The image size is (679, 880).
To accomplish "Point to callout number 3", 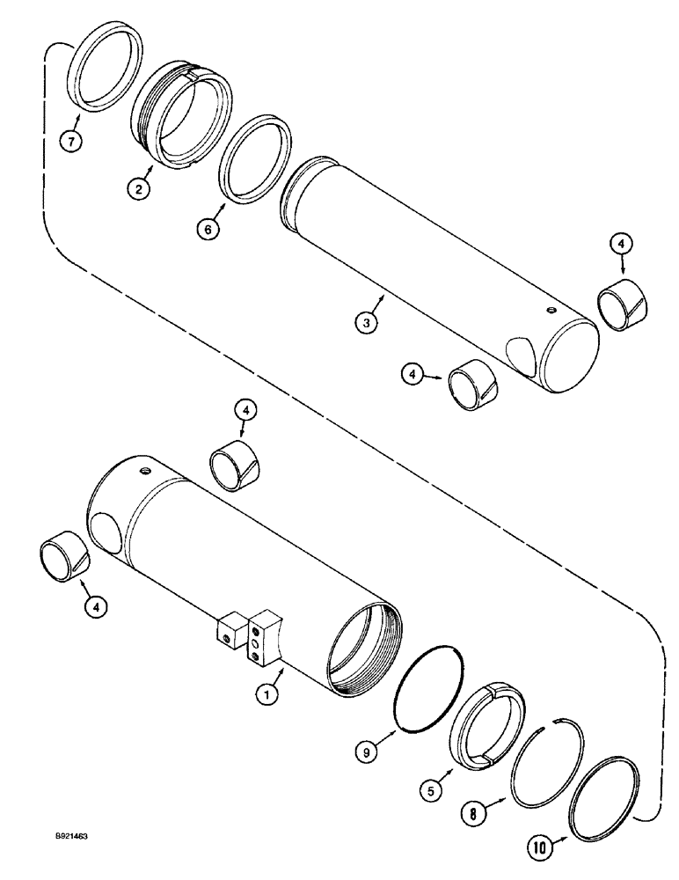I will click(369, 322).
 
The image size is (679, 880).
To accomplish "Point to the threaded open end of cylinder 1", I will click(364, 642).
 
